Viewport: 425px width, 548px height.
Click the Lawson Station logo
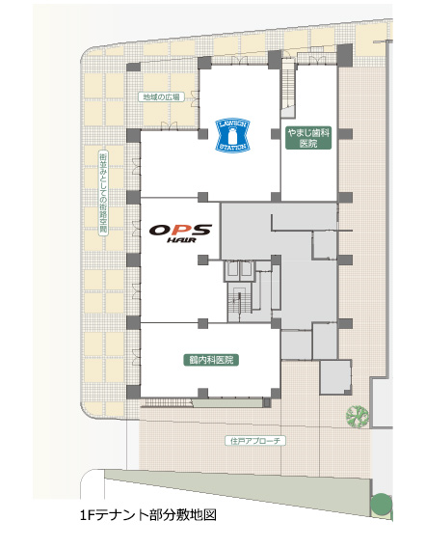tap(232, 134)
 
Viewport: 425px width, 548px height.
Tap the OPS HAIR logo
tap(180, 233)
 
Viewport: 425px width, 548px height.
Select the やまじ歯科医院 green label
tap(308, 138)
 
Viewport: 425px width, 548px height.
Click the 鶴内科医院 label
tap(211, 360)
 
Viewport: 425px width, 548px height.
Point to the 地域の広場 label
tap(161, 96)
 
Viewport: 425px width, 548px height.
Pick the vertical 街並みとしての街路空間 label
tap(104, 193)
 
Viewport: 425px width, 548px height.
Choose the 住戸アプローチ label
tap(255, 440)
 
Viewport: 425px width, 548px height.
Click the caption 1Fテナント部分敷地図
tap(148, 515)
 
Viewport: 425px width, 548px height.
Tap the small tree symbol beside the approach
tap(358, 417)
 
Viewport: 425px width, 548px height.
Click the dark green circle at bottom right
tap(382, 504)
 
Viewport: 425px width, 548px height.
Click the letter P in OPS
tap(181, 230)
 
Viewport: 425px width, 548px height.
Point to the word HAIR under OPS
tap(181, 239)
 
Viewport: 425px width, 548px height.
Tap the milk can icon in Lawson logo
tap(232, 134)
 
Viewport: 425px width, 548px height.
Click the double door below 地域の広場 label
tap(170, 125)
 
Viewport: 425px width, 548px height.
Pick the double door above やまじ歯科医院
tap(318, 60)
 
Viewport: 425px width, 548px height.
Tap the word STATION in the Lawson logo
tap(233, 147)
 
